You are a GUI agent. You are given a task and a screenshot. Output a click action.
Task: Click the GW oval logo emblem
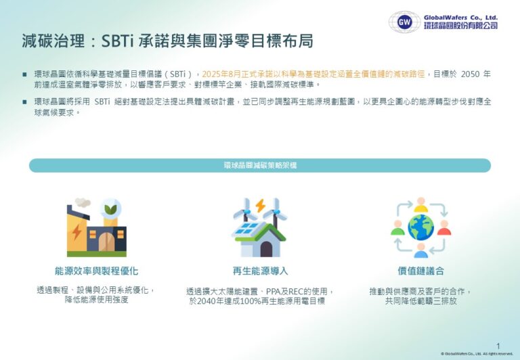coord(404,22)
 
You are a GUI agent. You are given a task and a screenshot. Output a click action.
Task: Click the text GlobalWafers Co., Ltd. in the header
coord(460,17)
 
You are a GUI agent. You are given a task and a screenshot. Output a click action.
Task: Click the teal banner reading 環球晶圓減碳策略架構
coord(260,165)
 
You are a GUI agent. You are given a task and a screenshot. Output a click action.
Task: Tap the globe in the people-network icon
coord(420,228)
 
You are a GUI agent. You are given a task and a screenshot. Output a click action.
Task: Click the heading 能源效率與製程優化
coord(96,271)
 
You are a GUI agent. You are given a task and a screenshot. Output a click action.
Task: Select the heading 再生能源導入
coord(260,271)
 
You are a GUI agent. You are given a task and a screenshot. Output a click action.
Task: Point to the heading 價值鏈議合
coord(421,271)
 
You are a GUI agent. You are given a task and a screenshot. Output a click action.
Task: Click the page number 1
coord(498,345)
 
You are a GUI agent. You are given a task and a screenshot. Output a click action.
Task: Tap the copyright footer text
coord(477,353)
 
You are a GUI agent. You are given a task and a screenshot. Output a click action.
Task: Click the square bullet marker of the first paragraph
coord(25,74)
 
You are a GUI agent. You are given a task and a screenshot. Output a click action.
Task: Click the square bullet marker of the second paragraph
coord(25,102)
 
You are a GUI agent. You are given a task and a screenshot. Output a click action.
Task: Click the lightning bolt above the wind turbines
coord(260,205)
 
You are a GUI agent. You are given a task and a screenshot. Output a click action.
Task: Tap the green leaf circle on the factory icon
coord(111,206)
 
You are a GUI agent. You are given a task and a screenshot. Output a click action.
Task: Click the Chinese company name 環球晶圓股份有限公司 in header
coord(460,26)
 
